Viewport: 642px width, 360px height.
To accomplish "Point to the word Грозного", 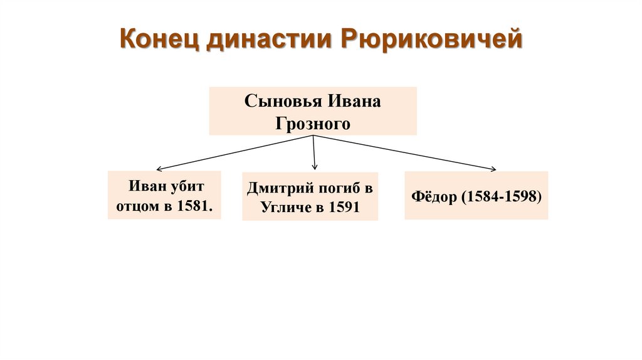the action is tap(312, 124).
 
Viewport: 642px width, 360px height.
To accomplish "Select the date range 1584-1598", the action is tap(501, 196).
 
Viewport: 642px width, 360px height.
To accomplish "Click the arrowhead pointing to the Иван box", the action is tap(159, 169).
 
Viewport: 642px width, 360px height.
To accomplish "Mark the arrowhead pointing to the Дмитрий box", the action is tap(315, 167).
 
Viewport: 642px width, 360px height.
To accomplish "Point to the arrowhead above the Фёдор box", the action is tap(493, 169).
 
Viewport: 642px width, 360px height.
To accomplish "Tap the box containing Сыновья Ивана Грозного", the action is tap(313, 112).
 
